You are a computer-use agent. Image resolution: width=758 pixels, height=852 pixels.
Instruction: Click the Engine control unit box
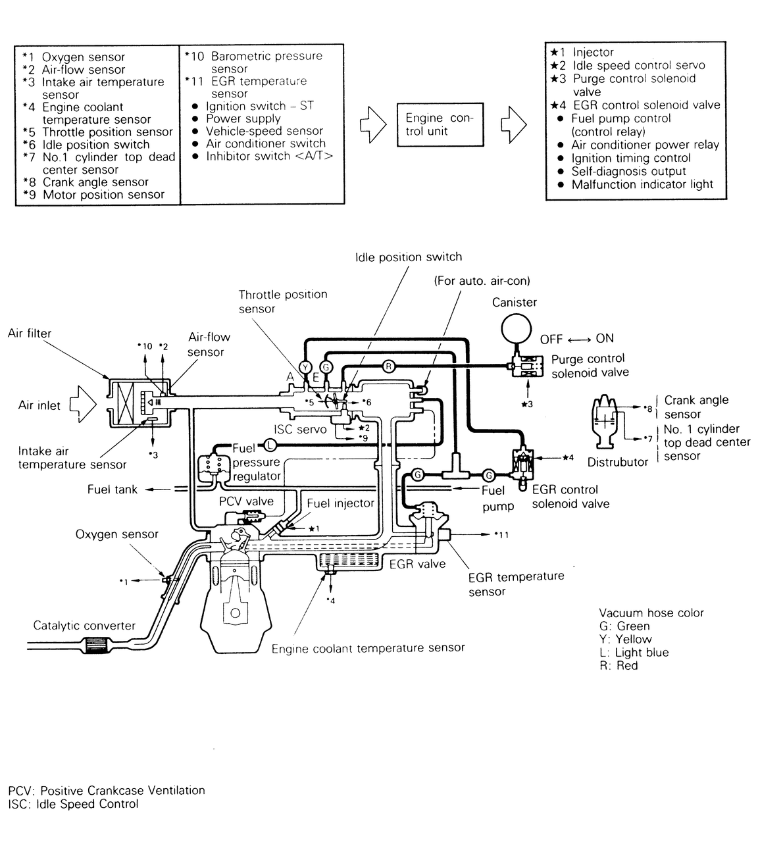[x=439, y=124]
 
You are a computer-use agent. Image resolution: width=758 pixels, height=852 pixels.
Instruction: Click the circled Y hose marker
[x=305, y=366]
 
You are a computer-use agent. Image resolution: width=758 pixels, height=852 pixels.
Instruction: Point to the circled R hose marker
[x=388, y=366]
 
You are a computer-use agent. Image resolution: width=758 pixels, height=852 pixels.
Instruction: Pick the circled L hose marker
[x=269, y=444]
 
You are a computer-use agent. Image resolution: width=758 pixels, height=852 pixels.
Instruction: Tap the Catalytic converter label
[x=84, y=626]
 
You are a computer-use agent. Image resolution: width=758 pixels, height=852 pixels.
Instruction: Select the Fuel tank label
[x=113, y=489]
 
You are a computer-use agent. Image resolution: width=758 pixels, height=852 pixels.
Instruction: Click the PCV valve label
[x=246, y=501]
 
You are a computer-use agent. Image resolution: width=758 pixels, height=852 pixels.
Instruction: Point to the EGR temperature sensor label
[x=516, y=584]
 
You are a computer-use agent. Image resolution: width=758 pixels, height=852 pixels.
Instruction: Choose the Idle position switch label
[x=408, y=257]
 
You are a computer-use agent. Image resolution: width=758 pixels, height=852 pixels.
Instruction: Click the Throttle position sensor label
[x=283, y=301]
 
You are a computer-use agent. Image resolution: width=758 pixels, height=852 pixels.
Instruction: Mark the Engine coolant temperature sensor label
[x=368, y=648]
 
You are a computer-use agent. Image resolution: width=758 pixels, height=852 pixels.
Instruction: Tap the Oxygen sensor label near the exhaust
[x=116, y=534]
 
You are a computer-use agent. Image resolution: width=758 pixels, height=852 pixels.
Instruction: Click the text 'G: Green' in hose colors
[x=624, y=626]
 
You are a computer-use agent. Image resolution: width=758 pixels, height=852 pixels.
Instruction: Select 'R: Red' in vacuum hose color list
[x=618, y=665]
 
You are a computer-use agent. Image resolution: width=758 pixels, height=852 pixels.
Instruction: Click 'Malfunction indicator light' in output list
[x=642, y=184]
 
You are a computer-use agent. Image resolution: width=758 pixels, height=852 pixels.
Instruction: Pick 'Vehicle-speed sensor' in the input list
[x=264, y=131]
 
